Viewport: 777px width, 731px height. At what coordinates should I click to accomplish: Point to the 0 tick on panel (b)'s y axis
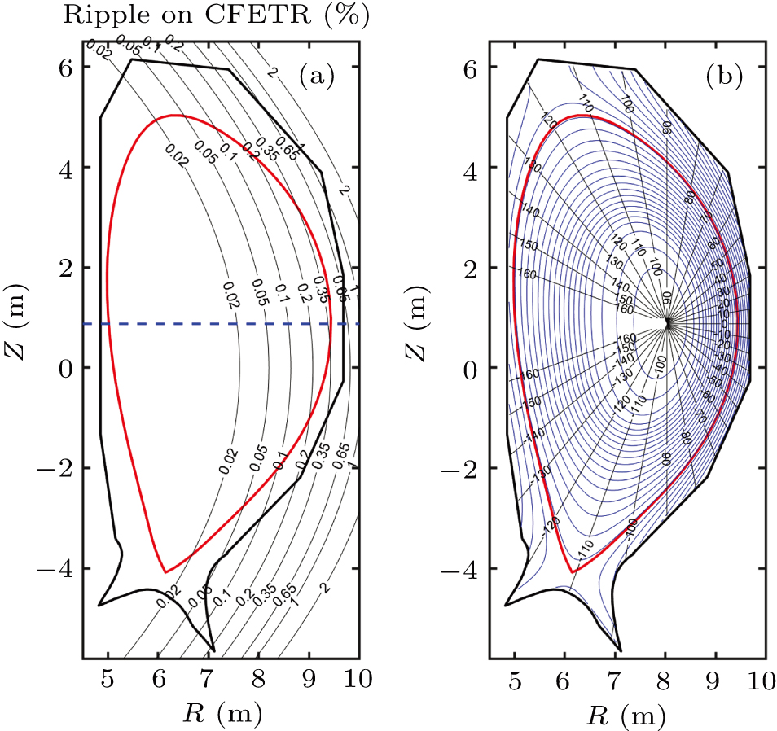469,368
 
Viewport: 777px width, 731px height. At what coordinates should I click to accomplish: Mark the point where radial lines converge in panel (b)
666,323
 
